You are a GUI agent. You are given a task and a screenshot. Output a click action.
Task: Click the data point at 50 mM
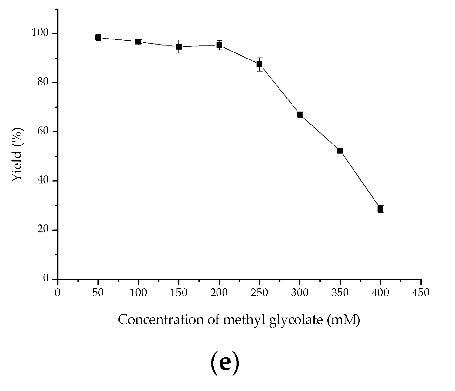pyautogui.click(x=98, y=38)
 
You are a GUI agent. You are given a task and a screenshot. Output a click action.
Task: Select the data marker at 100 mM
pyautogui.click(x=138, y=42)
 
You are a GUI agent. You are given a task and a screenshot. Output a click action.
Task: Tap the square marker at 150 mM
pyautogui.click(x=179, y=47)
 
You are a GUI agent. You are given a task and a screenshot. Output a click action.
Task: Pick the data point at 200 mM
pyautogui.click(x=219, y=45)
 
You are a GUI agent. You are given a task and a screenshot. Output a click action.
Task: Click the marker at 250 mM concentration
pyautogui.click(x=259, y=64)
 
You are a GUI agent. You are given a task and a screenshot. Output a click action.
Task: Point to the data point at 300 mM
pyautogui.click(x=300, y=114)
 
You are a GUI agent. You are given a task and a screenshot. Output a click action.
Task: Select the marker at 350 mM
pyautogui.click(x=340, y=151)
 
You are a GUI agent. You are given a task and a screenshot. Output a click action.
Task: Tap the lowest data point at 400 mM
pyautogui.click(x=380, y=209)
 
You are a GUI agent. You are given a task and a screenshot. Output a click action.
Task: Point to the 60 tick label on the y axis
pyautogui.click(x=44, y=132)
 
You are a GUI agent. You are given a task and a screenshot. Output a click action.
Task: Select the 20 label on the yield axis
pyautogui.click(x=44, y=230)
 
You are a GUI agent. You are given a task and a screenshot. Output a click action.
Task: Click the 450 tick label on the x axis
pyautogui.click(x=421, y=292)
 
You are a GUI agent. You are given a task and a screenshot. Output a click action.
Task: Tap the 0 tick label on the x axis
pyautogui.click(x=57, y=292)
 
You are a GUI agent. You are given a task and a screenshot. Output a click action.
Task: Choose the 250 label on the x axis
pyautogui.click(x=259, y=292)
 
